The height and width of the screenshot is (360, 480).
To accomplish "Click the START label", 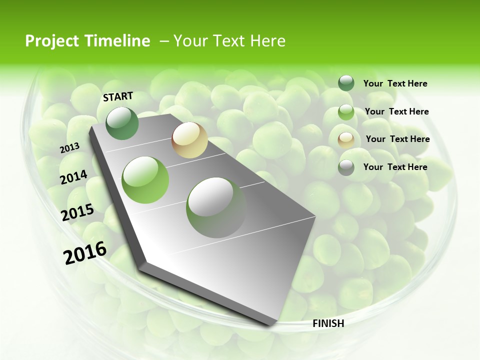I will [x=118, y=96].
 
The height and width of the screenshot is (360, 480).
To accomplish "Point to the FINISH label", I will [x=328, y=323].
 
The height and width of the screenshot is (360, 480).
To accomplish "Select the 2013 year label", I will [x=69, y=148].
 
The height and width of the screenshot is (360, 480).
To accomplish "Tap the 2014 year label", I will [x=73, y=177].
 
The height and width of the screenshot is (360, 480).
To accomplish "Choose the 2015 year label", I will [x=77, y=212].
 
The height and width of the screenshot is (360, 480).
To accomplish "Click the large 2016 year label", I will [x=85, y=253].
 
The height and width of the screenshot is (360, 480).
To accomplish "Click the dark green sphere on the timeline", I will [x=122, y=123].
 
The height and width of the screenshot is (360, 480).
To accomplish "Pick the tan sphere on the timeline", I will [x=189, y=140].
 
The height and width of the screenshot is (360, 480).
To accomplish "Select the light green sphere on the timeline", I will [x=145, y=180].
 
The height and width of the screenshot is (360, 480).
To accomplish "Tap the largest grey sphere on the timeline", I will [x=216, y=207].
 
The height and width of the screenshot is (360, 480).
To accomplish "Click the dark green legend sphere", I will [x=346, y=83].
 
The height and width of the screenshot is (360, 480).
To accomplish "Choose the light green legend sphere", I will [x=346, y=112].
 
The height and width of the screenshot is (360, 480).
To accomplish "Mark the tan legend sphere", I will [x=346, y=139].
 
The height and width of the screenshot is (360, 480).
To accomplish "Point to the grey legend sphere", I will [x=346, y=167].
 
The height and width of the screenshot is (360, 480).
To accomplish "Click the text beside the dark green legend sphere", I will [x=395, y=84].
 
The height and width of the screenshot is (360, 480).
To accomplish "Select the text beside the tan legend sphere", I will [x=397, y=139].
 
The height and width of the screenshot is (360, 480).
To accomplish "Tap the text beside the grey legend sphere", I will [x=395, y=167].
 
